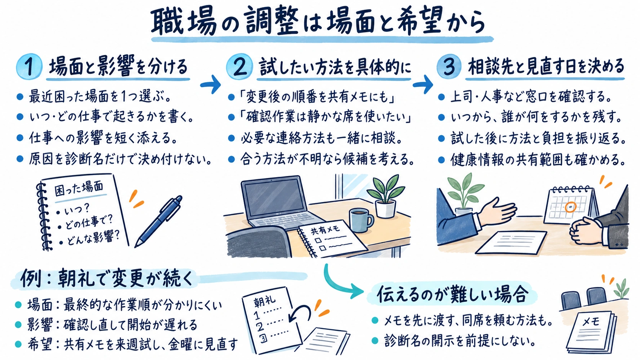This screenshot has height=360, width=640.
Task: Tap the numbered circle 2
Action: click(240, 67)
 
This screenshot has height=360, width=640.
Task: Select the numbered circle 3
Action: click(449, 67)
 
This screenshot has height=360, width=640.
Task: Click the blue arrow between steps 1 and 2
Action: click(211, 84)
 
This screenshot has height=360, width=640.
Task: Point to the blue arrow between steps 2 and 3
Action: click(423, 84)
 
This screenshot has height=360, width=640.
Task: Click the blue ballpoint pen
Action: click(158, 221)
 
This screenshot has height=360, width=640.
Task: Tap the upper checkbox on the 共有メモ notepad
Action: click(318, 240)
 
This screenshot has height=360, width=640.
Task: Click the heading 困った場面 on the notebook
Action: click(78, 189)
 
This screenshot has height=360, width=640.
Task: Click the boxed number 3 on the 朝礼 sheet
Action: click(263, 338)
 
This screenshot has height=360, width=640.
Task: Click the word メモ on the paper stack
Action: click(591, 322)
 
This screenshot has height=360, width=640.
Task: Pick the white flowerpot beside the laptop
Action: click(385, 209)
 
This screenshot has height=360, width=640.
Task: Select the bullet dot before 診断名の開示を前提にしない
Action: click(375, 340)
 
